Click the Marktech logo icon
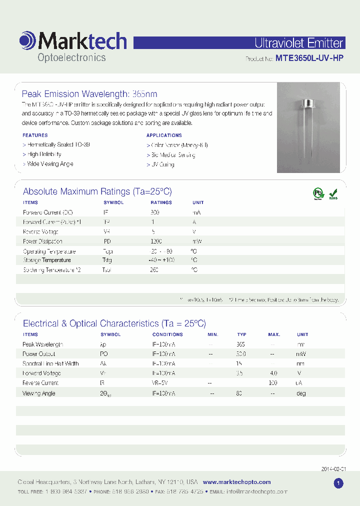[27, 40]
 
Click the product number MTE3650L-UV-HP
[309, 58]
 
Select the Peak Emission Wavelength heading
[89, 94]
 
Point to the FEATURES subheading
[35, 135]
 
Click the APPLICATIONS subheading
[164, 135]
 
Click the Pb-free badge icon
[318, 193]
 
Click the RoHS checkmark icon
[333, 193]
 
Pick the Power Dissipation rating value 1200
[156, 241]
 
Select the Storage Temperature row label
[47, 260]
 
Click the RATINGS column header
[161, 202]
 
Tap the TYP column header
[241, 334]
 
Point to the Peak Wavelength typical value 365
[240, 344]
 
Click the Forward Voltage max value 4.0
[273, 373]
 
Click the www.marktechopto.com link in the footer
[236, 482]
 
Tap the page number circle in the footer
[338, 483]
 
